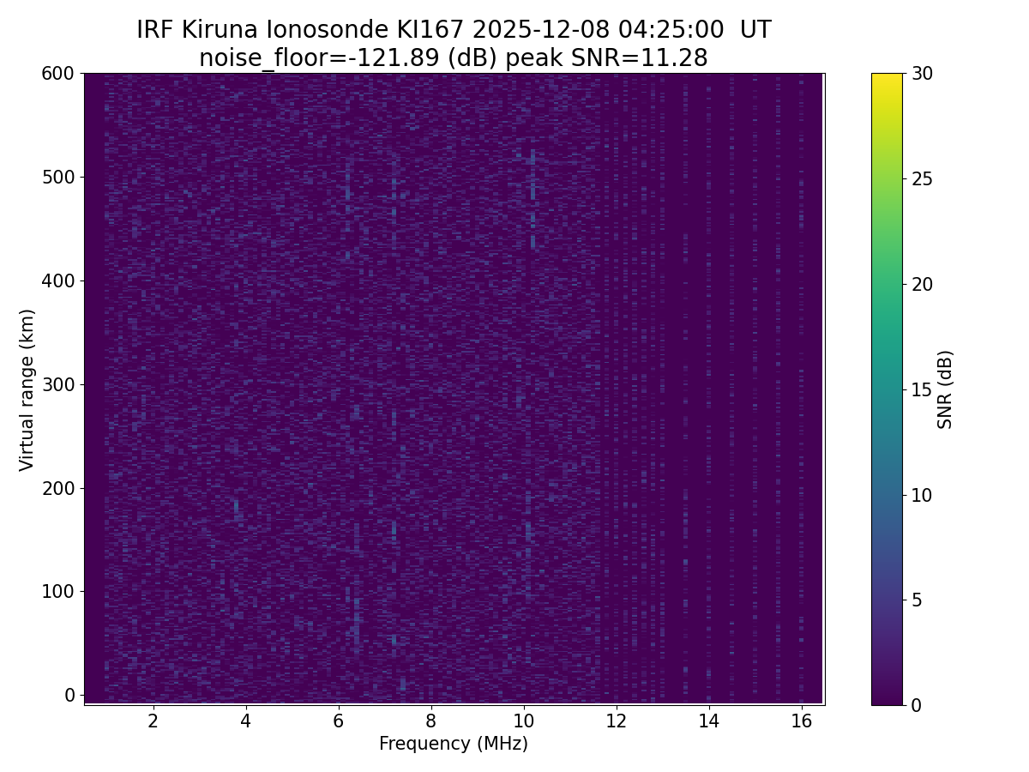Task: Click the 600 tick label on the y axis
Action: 57,74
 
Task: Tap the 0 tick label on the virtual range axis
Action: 69,695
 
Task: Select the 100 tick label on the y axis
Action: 57,591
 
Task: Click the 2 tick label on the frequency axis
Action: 153,721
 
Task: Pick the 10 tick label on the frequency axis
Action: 524,721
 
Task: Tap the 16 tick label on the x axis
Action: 802,721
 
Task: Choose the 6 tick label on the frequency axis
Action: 339,721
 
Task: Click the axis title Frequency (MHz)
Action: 454,744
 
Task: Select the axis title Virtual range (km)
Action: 27,389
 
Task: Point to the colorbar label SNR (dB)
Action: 945,389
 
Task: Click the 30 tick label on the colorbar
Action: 923,74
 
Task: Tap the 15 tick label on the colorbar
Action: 923,389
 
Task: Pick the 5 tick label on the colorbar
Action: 918,600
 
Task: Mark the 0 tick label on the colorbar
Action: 918,705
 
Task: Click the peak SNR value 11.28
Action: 677,58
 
